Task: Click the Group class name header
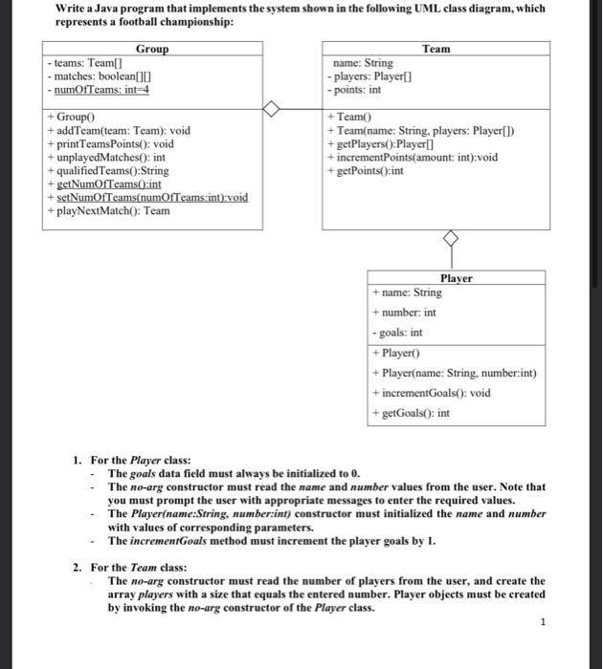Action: coord(152,49)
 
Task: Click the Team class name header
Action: coord(436,49)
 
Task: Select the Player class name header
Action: coord(457,278)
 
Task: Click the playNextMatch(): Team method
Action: coord(108,210)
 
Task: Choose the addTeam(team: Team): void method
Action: coord(119,130)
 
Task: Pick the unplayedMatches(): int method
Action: coord(107,157)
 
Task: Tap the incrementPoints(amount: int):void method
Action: coord(412,157)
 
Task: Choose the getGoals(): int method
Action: coord(411,415)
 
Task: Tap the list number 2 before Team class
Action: coord(78,567)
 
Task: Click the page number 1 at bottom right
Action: coord(543,622)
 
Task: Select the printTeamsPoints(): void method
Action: coord(110,143)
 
